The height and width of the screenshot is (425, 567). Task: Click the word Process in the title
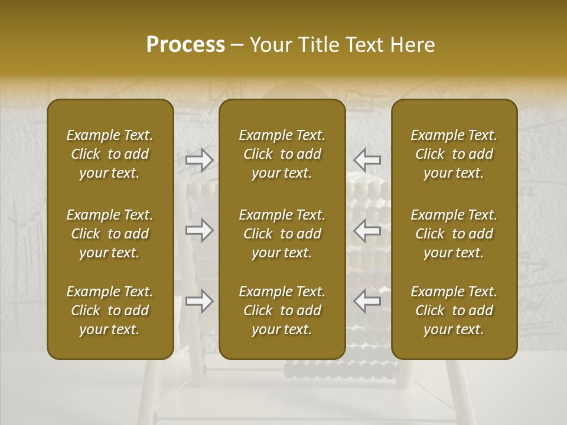point(185,45)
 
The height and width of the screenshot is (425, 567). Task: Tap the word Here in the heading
point(412,45)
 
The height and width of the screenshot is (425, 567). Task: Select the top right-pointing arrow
point(200,159)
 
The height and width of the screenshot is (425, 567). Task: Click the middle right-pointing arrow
point(200,230)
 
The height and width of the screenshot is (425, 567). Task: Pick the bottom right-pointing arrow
point(200,301)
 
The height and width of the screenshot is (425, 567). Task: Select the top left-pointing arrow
point(367,159)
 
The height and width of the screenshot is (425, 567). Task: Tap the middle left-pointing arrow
point(367,230)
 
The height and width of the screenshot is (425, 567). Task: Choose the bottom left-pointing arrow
point(367,301)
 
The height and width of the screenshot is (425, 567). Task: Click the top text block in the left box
point(110,154)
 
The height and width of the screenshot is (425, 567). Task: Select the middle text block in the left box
point(110,234)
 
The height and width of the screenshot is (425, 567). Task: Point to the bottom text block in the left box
point(110,310)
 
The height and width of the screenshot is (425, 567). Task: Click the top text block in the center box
point(282,154)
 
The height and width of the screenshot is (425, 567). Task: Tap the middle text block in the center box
point(282,234)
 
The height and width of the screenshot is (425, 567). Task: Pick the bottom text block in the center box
point(282,310)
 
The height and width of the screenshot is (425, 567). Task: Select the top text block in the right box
point(454,154)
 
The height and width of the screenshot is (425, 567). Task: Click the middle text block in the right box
point(454,234)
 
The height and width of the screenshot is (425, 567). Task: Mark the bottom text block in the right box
point(454,310)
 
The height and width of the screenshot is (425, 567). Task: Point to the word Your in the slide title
point(271,45)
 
